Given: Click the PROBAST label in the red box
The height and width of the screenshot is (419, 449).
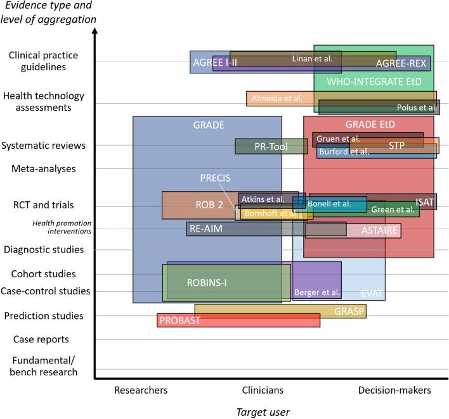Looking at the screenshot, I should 180,320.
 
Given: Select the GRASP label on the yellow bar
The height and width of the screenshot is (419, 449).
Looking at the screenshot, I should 348,311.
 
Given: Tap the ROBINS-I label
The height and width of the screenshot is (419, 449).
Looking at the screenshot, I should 207,283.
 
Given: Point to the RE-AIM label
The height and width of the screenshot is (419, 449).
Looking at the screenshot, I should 206,229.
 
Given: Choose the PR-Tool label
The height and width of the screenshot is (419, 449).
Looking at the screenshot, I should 271,147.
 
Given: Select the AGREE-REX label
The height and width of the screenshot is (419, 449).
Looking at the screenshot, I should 401,63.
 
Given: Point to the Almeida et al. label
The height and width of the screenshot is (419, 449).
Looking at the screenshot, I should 277,98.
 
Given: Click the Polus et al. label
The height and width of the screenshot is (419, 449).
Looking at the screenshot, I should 417,108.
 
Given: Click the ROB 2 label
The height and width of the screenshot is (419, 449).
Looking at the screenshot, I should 210,205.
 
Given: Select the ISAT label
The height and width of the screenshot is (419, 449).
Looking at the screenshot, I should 425,201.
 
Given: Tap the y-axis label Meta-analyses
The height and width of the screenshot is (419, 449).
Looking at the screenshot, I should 43,169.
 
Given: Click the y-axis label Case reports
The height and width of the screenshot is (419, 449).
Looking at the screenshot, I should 41,340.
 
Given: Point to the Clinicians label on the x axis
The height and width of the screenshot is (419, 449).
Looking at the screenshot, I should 263,391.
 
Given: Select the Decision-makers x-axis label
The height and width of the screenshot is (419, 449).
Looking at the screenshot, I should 394,391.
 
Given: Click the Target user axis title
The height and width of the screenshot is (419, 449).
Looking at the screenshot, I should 263,412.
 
